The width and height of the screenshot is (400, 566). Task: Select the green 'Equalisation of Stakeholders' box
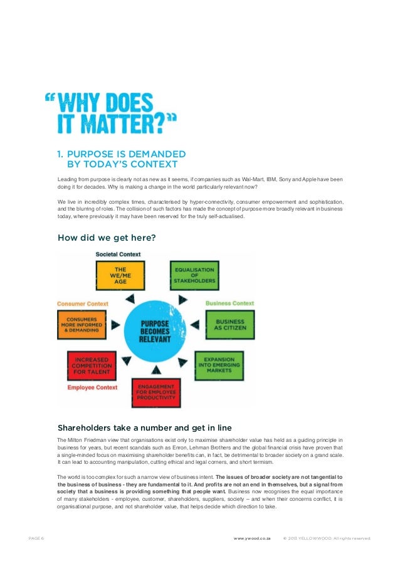click(194, 276)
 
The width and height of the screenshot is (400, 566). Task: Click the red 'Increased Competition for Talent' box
click(91, 365)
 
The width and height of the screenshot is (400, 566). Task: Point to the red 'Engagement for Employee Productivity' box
click(155, 392)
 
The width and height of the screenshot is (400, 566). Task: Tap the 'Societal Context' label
click(118, 254)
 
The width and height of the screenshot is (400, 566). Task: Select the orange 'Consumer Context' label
click(83, 304)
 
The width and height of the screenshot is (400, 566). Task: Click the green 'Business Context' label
click(230, 303)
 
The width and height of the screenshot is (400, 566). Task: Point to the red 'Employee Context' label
click(92, 387)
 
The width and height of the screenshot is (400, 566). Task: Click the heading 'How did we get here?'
click(107, 238)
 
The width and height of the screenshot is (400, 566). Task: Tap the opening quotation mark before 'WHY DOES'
click(50, 98)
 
